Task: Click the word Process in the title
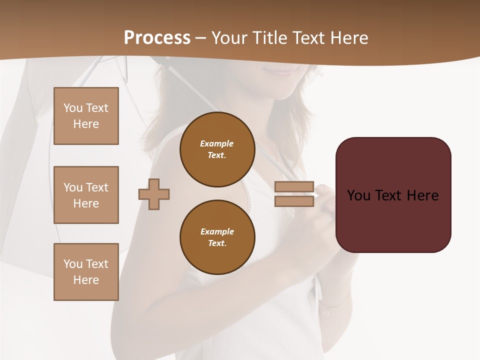157,38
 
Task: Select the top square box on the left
86,116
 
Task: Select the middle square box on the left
86,195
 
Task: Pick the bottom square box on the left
86,272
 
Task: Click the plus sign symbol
154,194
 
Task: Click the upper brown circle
217,149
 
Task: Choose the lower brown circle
217,237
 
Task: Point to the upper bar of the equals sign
294,187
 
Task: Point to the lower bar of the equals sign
294,201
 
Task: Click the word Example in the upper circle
216,143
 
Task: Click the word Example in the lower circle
217,231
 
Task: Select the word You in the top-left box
73,108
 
